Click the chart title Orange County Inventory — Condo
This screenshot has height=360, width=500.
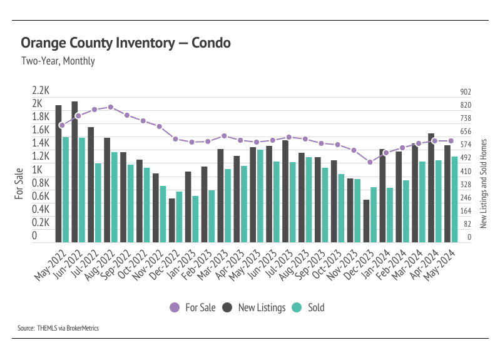(x=126, y=43)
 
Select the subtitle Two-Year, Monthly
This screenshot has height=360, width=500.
(x=58, y=61)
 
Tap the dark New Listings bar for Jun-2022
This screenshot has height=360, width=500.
(x=74, y=172)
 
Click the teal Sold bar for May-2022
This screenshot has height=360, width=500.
(x=66, y=189)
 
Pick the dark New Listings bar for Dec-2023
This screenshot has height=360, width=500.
(x=367, y=221)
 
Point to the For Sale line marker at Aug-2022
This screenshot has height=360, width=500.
(x=111, y=107)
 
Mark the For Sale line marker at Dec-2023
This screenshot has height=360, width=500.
(x=370, y=162)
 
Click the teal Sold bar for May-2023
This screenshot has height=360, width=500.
(x=260, y=196)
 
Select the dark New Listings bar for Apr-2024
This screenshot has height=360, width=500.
(x=431, y=188)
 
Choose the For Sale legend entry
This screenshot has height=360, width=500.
(x=193, y=307)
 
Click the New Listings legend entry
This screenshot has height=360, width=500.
(x=254, y=307)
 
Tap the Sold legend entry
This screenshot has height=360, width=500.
(x=309, y=307)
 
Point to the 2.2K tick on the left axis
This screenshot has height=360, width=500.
(x=41, y=90)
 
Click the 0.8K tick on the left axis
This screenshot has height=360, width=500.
(x=41, y=183)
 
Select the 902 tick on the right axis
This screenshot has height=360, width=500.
(x=465, y=92)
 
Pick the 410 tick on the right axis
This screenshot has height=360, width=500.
(x=465, y=171)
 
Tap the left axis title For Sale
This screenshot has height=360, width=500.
(x=19, y=183)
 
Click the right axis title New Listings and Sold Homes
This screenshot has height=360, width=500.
(x=483, y=183)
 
